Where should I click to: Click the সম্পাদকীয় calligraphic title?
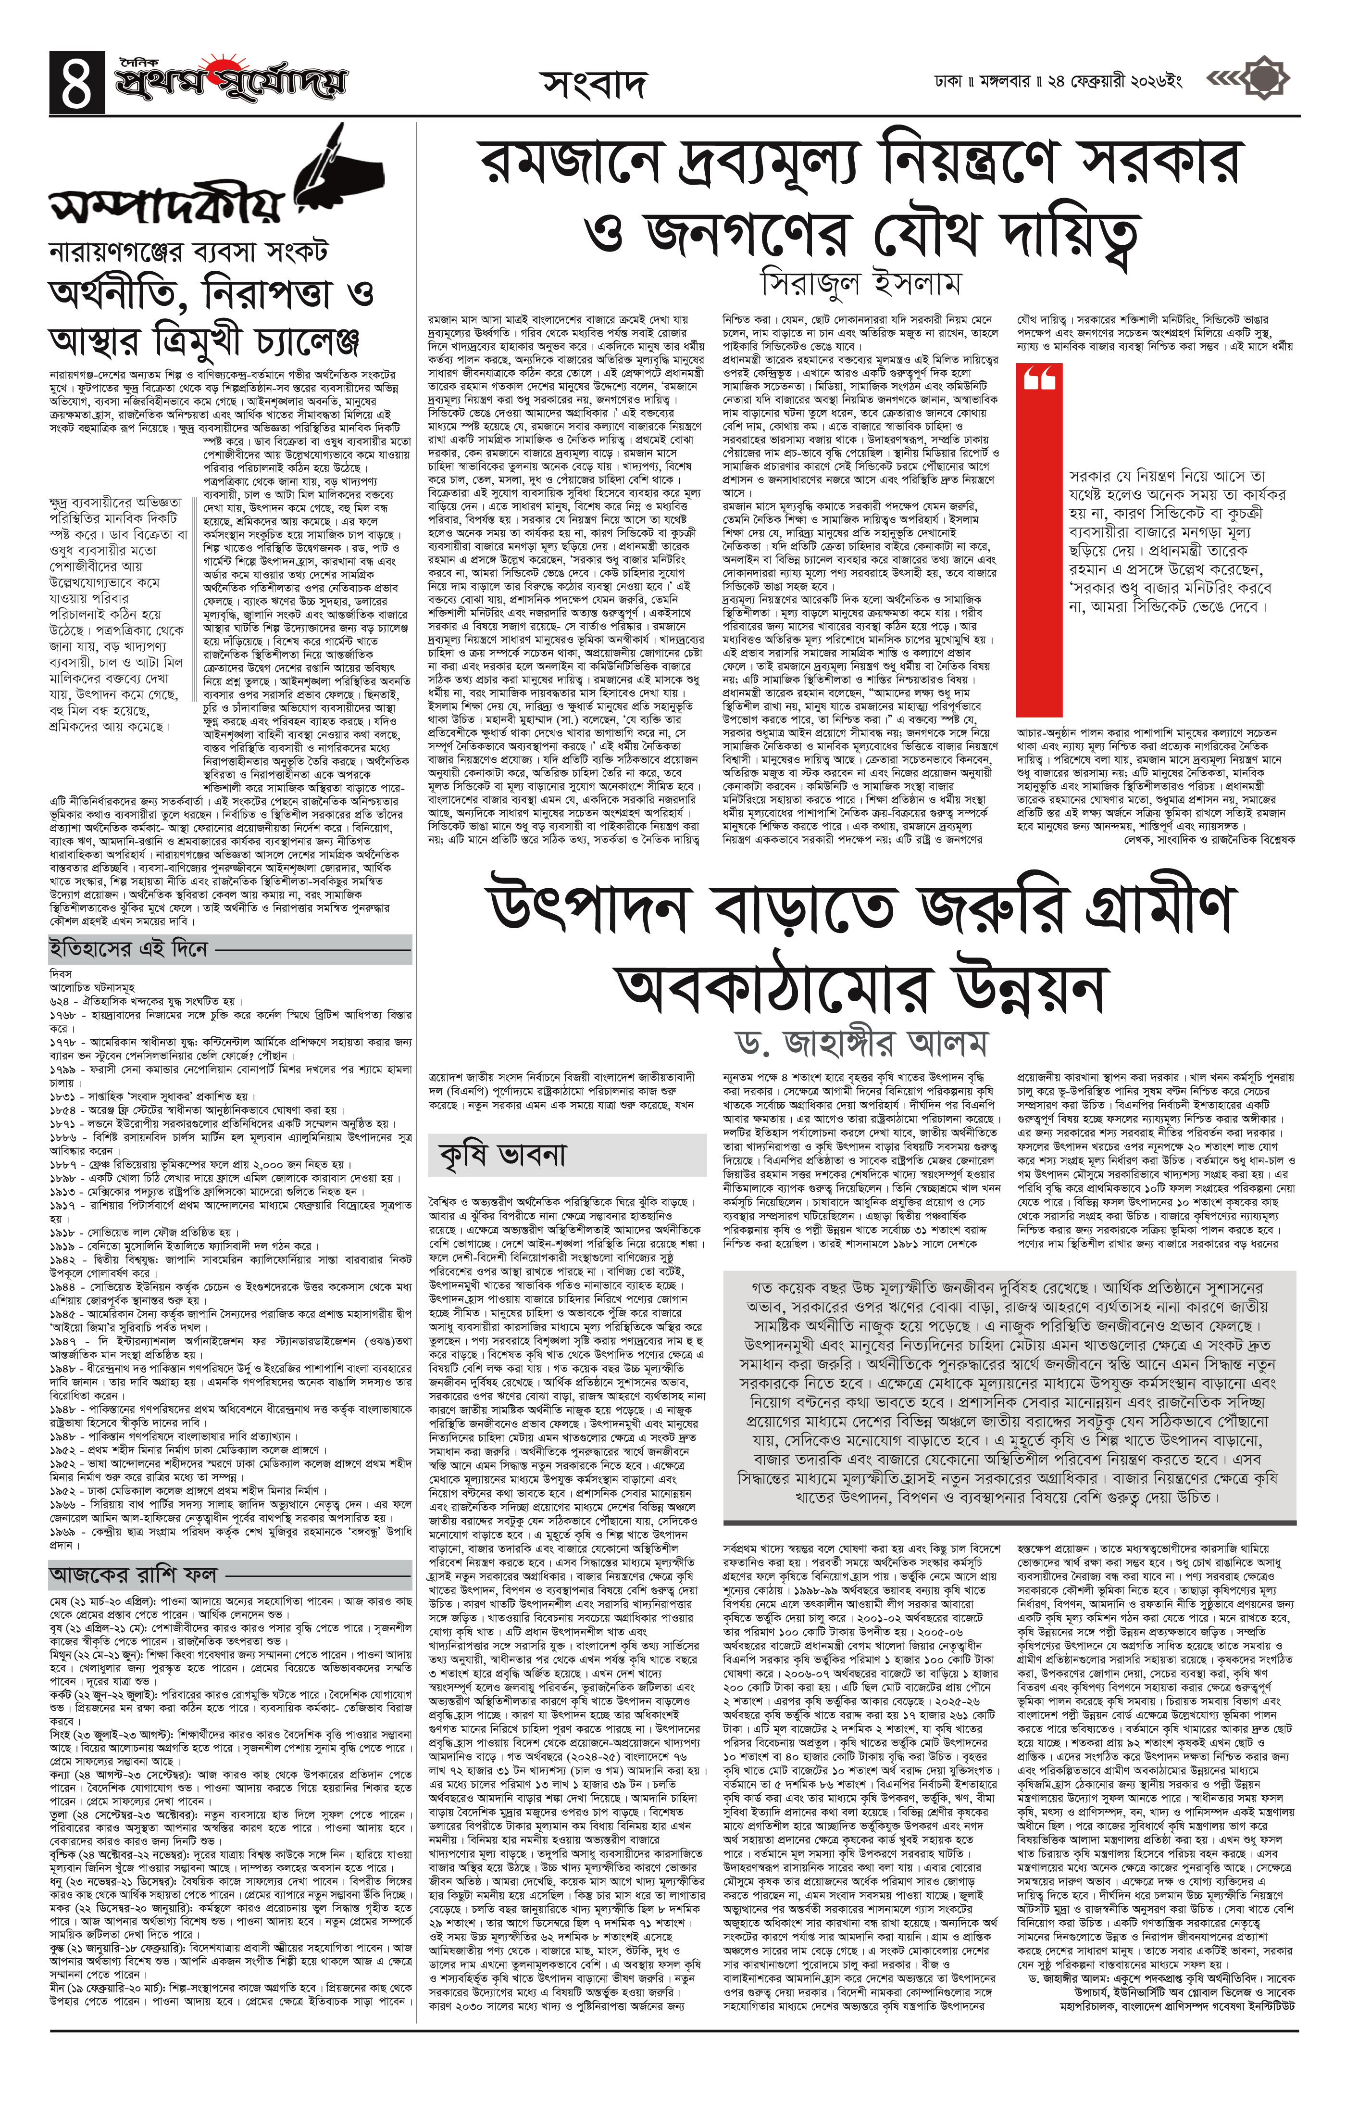click(167, 207)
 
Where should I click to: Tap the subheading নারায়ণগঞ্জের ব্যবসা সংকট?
click(188, 252)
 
